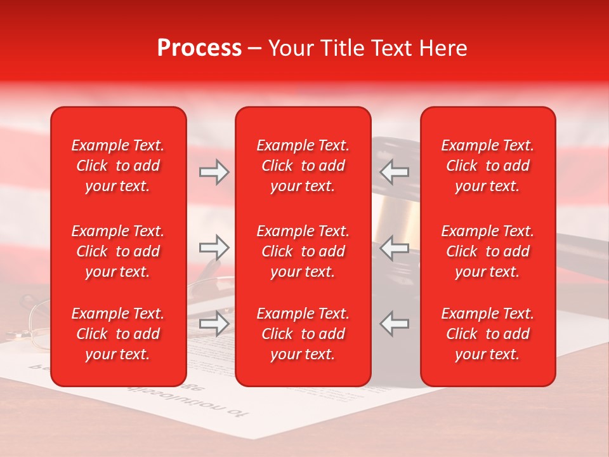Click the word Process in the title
[199, 48]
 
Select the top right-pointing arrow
[214, 172]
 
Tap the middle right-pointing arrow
[214, 248]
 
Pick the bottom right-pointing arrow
[214, 324]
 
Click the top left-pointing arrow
[394, 172]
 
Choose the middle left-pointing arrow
[394, 248]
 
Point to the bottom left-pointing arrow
[394, 324]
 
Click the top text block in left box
[118, 166]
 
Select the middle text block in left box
[118, 251]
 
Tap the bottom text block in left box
[118, 334]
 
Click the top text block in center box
[303, 166]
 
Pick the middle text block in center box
[303, 251]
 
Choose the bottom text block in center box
[303, 334]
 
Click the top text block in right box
[487, 166]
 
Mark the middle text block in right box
[487, 251]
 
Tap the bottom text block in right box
[487, 334]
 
